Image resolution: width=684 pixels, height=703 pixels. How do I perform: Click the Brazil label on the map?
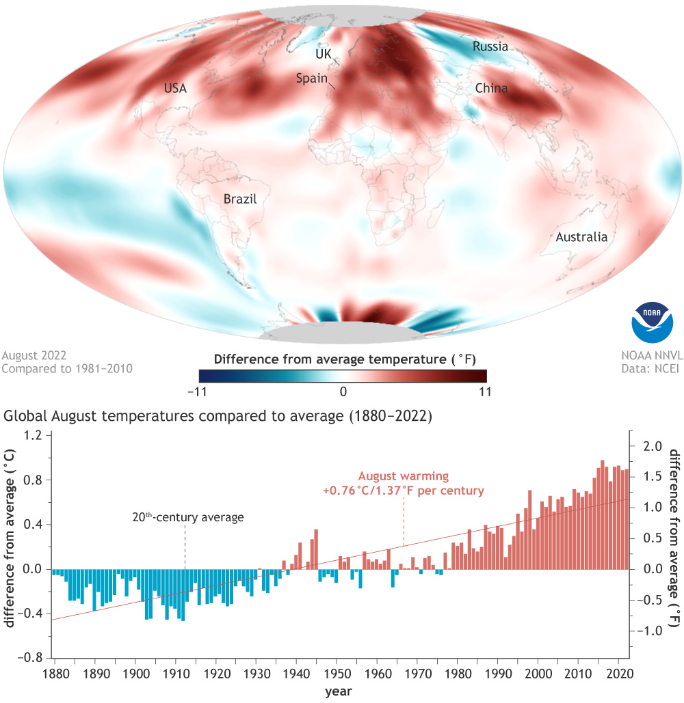click(239, 199)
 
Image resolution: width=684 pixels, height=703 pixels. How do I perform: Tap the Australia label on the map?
click(581, 237)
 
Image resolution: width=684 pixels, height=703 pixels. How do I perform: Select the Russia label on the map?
click(490, 46)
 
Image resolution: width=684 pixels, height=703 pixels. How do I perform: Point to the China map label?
click(491, 88)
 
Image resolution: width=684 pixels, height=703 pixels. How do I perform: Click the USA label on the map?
click(175, 88)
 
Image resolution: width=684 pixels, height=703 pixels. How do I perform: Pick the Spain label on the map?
click(311, 78)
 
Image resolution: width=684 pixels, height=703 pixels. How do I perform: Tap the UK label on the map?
click(323, 53)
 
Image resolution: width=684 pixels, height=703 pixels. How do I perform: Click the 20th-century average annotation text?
click(187, 517)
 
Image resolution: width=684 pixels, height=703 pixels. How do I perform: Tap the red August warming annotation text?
click(404, 483)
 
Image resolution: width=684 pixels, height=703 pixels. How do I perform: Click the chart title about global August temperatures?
click(218, 416)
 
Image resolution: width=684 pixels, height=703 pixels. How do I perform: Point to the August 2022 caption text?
click(34, 356)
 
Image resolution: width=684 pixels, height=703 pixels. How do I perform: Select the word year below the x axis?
click(339, 691)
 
